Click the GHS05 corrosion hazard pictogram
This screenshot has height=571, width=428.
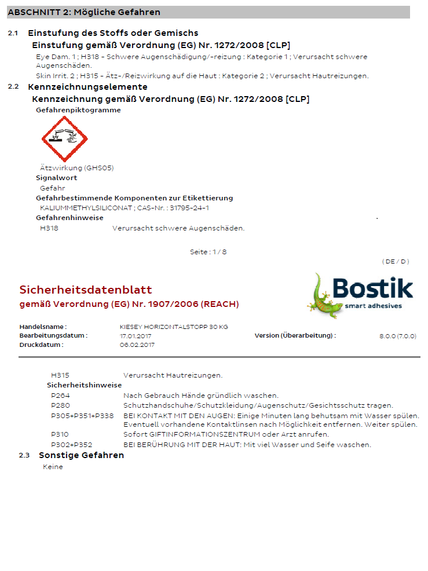point(64,139)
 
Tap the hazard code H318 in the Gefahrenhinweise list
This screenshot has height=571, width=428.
point(49,228)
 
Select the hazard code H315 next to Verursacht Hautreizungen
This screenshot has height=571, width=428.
point(60,375)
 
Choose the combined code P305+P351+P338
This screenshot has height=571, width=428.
point(82,415)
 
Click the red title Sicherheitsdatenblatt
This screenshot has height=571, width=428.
point(86,290)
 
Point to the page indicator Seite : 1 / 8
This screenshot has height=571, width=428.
point(208,252)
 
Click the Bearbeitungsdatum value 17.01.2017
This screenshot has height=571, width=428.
point(136,335)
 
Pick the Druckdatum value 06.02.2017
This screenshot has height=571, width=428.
point(137,345)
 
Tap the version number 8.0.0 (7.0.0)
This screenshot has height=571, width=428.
point(397,336)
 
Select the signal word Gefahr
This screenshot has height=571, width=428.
point(53,188)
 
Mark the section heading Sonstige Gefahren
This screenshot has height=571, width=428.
point(81,455)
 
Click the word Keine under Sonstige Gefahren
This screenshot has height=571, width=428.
point(53,467)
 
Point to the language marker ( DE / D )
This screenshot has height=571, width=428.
point(396,261)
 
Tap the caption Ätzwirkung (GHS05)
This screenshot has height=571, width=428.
point(76,168)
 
